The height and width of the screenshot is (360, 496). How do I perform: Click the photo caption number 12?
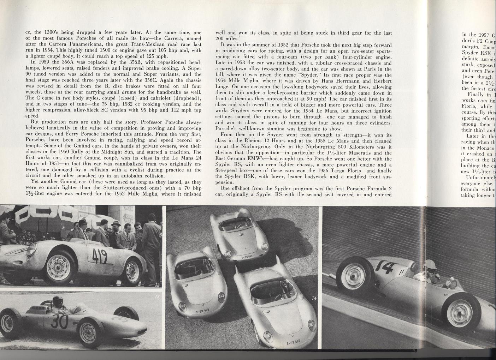click(x=157, y=284)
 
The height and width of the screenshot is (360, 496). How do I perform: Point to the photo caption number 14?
click(x=314, y=299)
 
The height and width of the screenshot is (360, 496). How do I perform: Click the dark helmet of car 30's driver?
click(x=56, y=301)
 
